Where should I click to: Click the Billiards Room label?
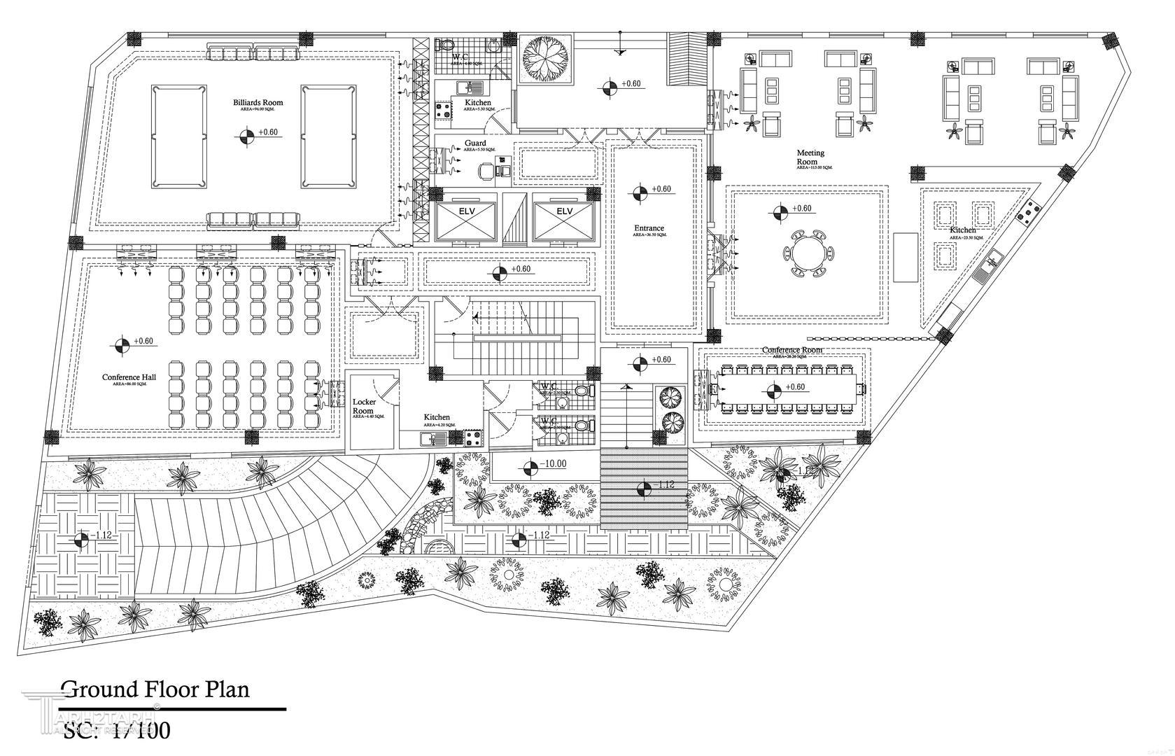point(258,103)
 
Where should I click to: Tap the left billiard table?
point(178,136)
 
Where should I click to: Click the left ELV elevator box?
point(465,221)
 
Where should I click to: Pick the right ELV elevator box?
point(564,221)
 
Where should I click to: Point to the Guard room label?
point(475,143)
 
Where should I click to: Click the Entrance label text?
point(649,228)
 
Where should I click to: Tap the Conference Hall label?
point(129,377)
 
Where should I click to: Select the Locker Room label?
point(364,407)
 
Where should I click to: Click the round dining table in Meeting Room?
point(809,252)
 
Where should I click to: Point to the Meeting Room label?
point(810,157)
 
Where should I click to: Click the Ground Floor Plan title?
point(155,689)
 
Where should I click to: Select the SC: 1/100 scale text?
point(116,731)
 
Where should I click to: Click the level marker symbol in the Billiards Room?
point(246,136)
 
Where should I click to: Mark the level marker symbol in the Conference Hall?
point(122,345)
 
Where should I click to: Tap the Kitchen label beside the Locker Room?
point(437,417)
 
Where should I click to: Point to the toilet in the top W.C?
point(445,45)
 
